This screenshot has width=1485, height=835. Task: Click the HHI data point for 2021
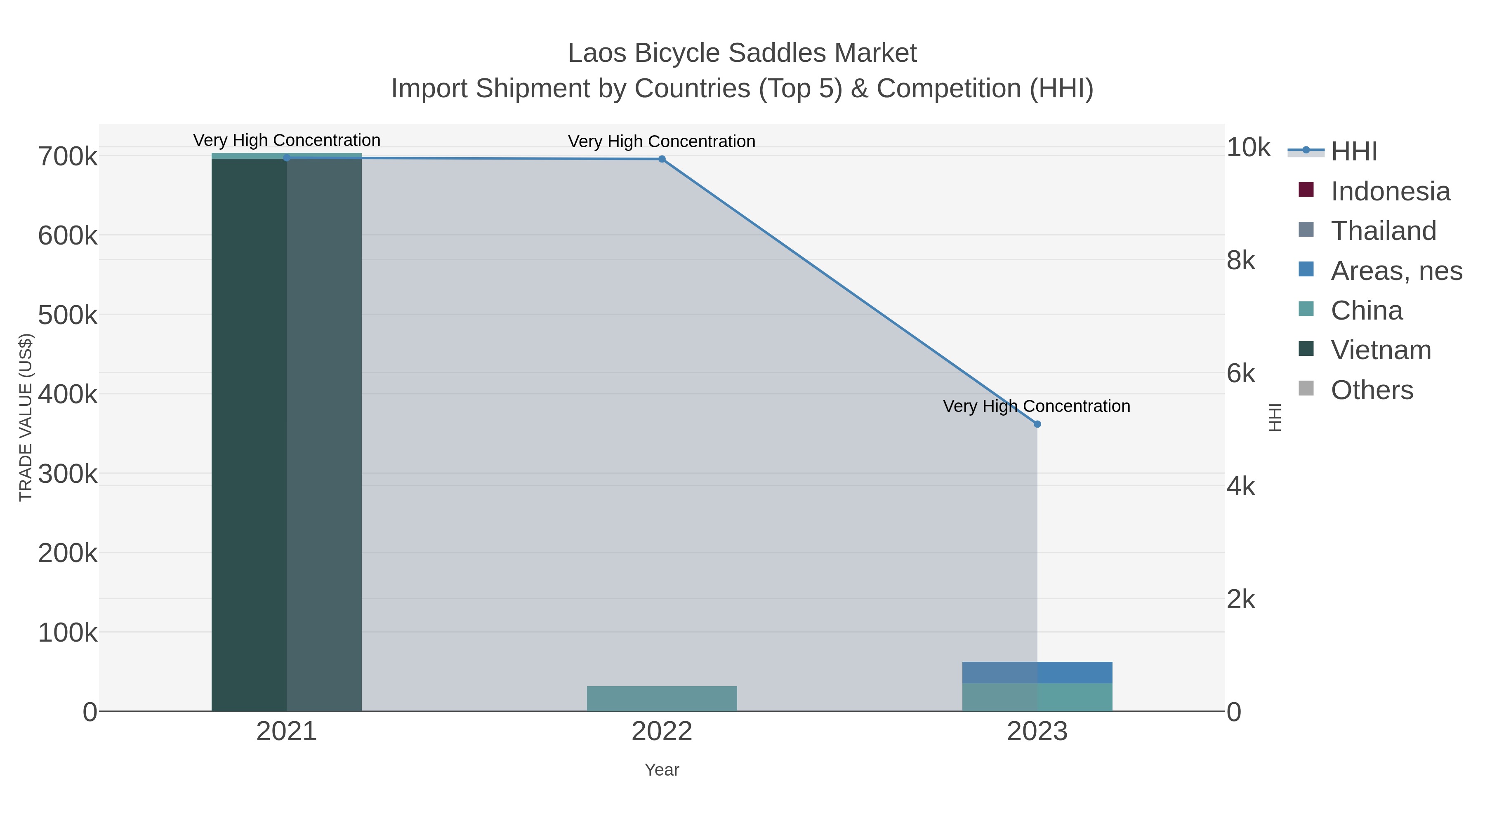pos(287,158)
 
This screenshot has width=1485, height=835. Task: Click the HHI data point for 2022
pos(662,159)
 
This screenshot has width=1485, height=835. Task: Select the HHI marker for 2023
pos(1037,424)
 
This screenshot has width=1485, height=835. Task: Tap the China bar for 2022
pos(662,699)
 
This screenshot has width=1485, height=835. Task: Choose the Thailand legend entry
pos(1383,231)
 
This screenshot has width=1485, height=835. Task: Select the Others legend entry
pos(1372,390)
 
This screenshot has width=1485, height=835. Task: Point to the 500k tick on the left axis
pos(68,315)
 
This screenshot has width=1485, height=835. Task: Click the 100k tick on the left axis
pos(68,633)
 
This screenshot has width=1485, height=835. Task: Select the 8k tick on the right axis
pos(1240,261)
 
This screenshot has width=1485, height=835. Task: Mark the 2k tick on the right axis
pos(1240,599)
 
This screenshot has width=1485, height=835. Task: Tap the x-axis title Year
pos(662,770)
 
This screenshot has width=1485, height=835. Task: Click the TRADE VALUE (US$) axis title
pos(26,417)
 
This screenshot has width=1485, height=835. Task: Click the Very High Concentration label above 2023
pos(1037,406)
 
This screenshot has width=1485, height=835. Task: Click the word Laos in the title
pos(597,53)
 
